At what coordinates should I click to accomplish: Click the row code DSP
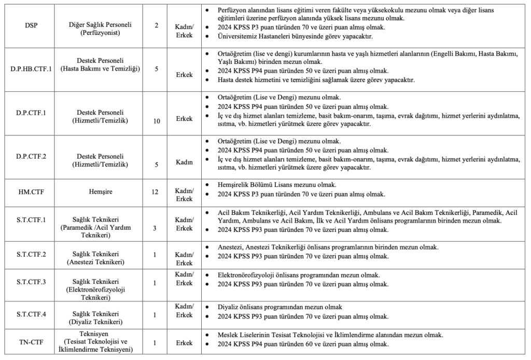[31, 25]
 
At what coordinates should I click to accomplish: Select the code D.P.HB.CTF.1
[31, 68]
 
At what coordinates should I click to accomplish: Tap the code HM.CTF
[31, 192]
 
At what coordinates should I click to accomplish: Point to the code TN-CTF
[31, 343]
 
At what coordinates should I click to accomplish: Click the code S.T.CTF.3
[31, 282]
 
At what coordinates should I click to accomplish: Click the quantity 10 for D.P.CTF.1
[156, 121]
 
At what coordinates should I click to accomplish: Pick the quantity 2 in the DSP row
[156, 25]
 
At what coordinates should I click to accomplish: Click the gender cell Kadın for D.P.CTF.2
[184, 162]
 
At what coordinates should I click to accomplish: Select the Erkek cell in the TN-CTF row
[184, 343]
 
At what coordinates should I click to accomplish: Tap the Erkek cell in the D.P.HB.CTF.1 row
[184, 75]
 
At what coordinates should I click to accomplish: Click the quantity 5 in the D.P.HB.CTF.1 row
[156, 68]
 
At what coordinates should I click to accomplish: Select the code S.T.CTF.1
[31, 220]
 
